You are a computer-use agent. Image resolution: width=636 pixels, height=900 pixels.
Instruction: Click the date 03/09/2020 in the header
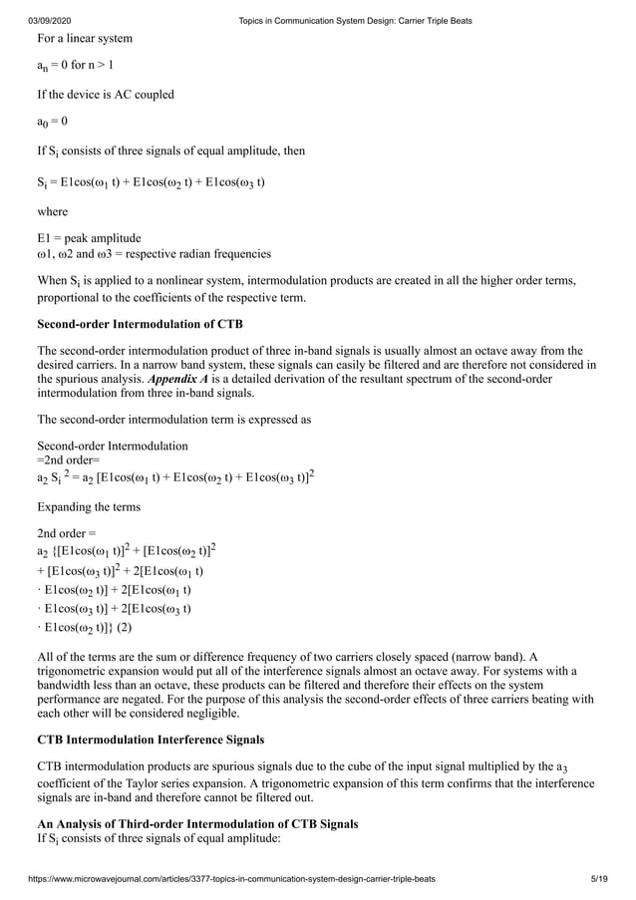(x=49, y=21)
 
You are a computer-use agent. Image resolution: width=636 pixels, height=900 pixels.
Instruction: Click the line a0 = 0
(x=53, y=123)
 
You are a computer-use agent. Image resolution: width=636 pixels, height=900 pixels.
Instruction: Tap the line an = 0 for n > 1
(x=75, y=67)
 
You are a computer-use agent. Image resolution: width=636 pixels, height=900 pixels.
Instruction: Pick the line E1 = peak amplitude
(x=89, y=238)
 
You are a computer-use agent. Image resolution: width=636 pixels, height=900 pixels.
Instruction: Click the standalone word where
(x=53, y=211)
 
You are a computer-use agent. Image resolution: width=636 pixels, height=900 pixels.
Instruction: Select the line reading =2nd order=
(x=67, y=460)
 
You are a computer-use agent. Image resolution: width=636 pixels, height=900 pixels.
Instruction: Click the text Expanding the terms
(x=89, y=506)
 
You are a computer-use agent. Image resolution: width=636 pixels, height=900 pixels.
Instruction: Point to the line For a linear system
(x=85, y=39)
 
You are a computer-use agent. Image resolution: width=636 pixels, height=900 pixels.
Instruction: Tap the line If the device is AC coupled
(x=106, y=95)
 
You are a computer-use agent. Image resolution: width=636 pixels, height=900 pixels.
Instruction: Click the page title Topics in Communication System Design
(x=356, y=21)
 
